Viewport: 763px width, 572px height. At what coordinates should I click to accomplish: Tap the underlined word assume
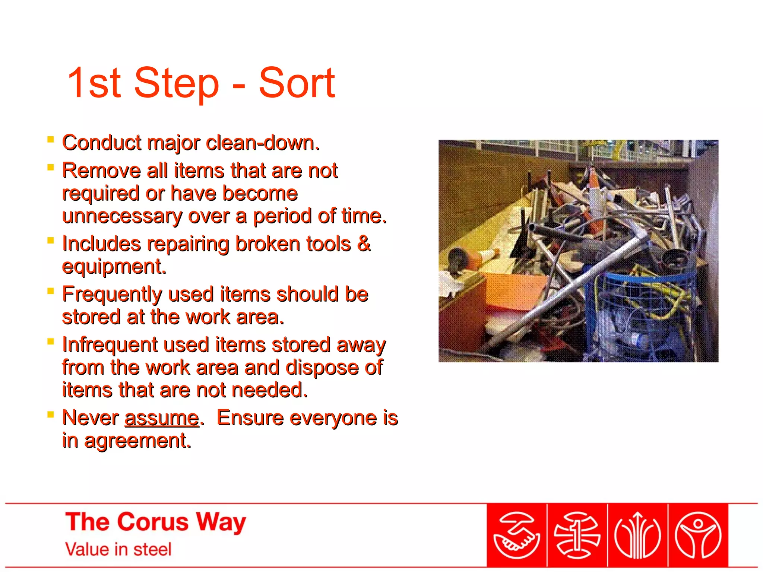[162, 418]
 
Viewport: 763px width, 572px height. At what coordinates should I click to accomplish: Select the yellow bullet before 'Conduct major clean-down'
[51, 140]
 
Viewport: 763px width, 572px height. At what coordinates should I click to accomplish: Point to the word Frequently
[112, 295]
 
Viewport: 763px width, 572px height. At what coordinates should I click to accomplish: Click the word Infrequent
[110, 345]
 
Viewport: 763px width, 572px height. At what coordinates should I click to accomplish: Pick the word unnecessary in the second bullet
[122, 216]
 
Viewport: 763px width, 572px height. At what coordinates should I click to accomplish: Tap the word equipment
[114, 267]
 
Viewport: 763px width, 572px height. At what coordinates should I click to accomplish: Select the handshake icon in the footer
[517, 536]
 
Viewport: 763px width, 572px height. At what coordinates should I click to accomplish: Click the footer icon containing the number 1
[577, 536]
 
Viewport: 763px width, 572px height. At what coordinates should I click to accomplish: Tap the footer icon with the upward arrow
[637, 536]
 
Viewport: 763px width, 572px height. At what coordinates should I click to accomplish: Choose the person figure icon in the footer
[698, 536]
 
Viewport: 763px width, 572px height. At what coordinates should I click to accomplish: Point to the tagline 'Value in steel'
[118, 550]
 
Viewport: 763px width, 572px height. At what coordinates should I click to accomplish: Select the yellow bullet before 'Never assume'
[51, 414]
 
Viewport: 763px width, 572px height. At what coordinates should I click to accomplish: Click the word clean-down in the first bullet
[262, 143]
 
